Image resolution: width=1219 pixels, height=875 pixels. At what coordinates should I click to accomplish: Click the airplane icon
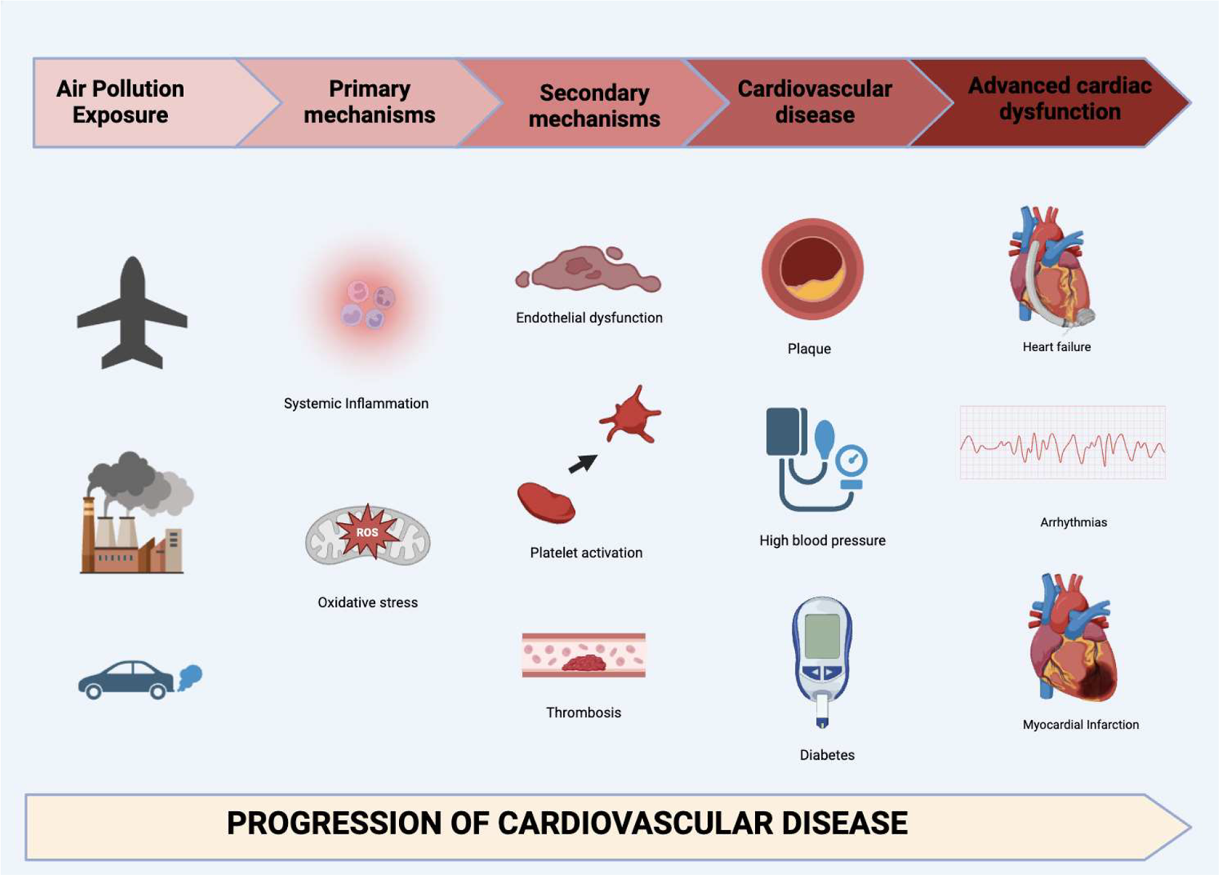coord(132,314)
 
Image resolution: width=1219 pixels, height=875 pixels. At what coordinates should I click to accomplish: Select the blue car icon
coord(126,680)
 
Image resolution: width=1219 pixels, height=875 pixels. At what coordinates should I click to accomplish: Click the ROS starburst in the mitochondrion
coord(367,532)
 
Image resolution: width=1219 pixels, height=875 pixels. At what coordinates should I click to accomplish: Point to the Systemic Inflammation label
coord(356,404)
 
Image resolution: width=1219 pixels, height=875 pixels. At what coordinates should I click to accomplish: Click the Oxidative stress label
coord(367,602)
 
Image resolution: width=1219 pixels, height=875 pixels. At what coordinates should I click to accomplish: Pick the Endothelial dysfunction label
coord(589,318)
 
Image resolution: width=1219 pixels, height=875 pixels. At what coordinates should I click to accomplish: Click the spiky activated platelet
coord(632,415)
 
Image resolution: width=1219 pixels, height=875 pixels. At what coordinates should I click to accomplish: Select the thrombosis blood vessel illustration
coord(584,656)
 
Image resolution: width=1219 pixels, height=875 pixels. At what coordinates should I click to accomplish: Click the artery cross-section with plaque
coord(812,270)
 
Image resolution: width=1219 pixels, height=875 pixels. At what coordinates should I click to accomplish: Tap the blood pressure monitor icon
coord(814,460)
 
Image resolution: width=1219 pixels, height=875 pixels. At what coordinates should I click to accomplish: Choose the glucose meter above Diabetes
coord(822,660)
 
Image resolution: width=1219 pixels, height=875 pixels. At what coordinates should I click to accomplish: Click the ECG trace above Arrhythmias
coord(1062,444)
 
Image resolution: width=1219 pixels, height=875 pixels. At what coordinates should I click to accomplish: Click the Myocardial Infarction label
coord(1080,725)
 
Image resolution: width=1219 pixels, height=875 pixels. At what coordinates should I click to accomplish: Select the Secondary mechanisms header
coord(594,106)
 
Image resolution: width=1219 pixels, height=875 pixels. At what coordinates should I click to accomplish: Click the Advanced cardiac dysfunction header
coord(1059,99)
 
